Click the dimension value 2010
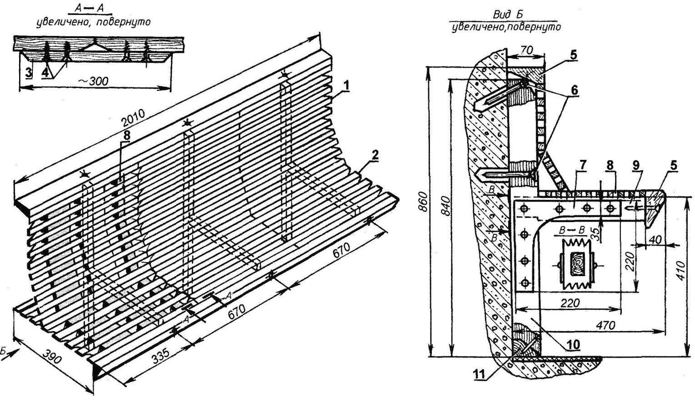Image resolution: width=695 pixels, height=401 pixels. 134,118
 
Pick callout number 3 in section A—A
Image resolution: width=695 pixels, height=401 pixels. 29,73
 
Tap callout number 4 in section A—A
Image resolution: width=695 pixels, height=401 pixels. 45,73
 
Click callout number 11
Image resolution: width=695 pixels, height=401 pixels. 480,374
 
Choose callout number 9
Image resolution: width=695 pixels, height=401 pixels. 636,165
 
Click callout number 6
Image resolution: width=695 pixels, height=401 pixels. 574,90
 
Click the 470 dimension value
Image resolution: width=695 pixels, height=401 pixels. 605,325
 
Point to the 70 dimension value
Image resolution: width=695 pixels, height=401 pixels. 526,50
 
